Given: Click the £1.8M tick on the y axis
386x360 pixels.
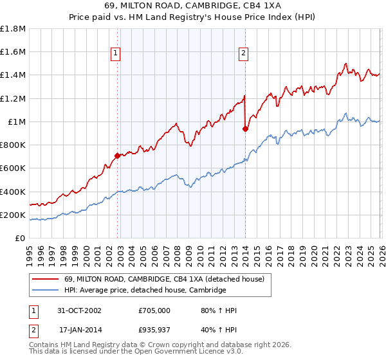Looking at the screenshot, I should pos(14,29).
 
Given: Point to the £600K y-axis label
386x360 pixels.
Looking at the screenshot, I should pos(14,168).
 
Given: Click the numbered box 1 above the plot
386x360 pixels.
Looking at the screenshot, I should pos(116,53).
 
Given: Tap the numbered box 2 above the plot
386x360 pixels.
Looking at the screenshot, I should pos(244,53).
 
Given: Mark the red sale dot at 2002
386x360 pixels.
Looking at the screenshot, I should pos(117,156).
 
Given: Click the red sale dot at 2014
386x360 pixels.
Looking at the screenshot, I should pos(245,129).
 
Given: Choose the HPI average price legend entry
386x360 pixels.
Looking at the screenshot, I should pos(145,290).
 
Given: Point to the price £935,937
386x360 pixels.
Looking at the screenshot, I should pos(154,330).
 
